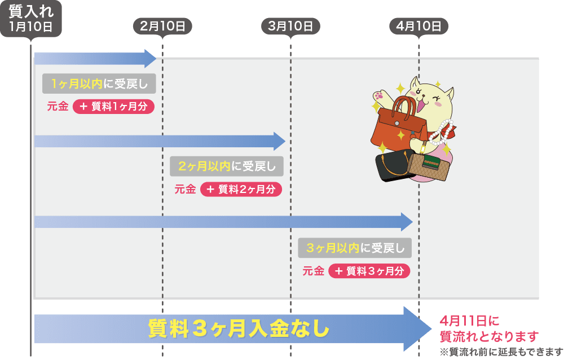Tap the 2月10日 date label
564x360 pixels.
click(162, 26)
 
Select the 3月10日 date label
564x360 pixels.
click(290, 26)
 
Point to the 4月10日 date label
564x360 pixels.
click(418, 26)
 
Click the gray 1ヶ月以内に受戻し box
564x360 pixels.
click(99, 85)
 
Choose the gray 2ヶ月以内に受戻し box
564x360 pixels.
click(227, 166)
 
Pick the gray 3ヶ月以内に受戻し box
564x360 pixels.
click(355, 248)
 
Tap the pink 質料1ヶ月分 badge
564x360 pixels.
click(113, 106)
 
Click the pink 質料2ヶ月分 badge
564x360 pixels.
click(241, 190)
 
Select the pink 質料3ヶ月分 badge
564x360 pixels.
click(369, 271)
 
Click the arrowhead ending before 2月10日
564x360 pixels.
click(150, 59)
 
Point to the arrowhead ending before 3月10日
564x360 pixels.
click(279, 141)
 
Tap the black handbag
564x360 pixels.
click(393, 166)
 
